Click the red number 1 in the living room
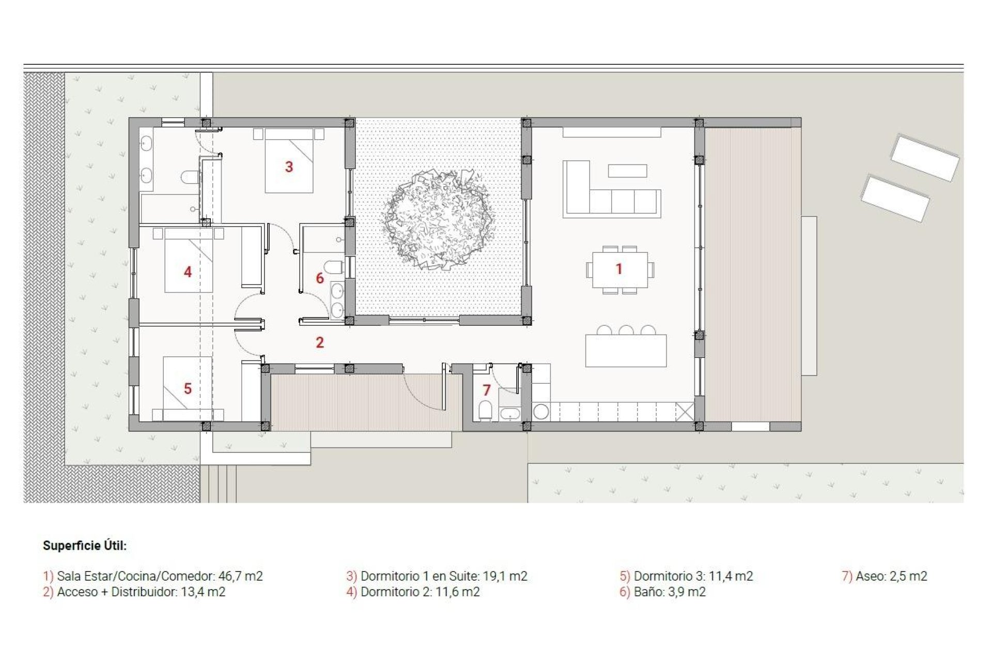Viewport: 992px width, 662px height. [618, 269]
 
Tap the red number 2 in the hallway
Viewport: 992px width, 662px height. [320, 342]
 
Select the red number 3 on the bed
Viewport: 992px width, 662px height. [289, 167]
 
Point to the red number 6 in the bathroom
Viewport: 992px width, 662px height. [320, 278]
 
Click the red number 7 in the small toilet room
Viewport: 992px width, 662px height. [486, 390]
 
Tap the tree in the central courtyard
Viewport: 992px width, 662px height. [438, 220]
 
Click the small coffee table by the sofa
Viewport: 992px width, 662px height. [627, 171]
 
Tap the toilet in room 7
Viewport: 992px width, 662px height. [485, 411]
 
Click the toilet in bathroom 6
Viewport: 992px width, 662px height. [335, 268]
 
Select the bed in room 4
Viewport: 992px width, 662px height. [189, 261]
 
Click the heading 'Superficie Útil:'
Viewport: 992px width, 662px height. [85, 546]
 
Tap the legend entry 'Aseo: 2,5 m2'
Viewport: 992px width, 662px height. [885, 576]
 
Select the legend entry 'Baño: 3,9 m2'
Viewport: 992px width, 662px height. [663, 592]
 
